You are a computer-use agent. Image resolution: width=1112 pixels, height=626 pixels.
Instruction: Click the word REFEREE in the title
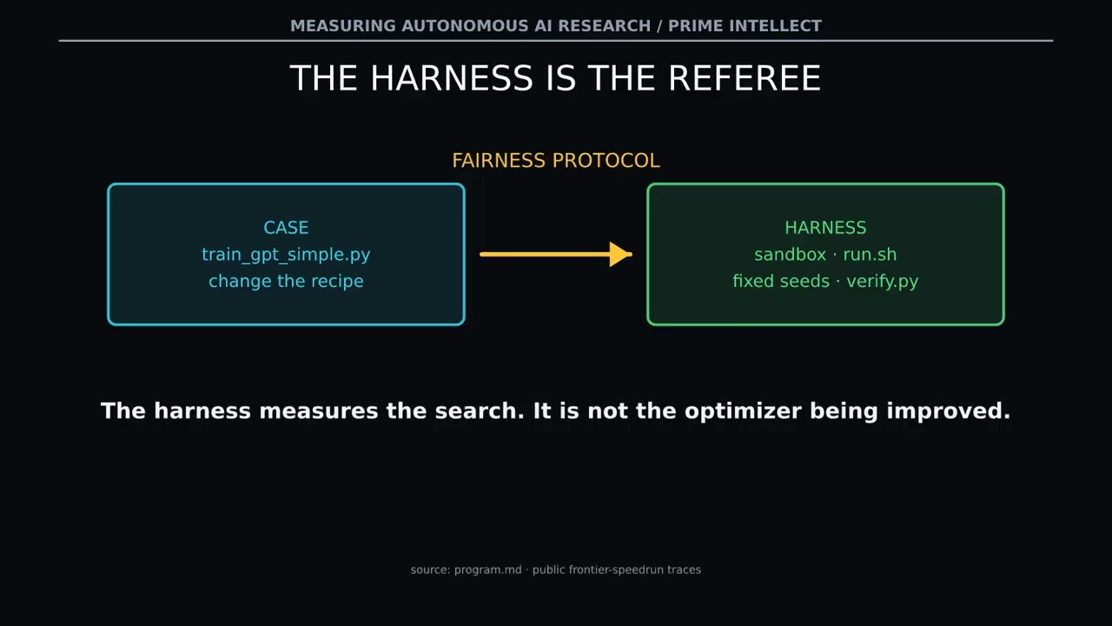point(745,78)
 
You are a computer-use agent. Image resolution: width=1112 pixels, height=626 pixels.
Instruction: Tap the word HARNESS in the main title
point(451,78)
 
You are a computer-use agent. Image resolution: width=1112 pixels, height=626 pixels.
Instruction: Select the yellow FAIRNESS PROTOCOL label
point(556,161)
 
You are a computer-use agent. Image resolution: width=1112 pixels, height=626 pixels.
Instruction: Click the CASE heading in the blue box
point(286,228)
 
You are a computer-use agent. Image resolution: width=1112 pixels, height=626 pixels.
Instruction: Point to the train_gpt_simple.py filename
point(286,255)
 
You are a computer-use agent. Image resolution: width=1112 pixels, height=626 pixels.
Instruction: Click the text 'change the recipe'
point(286,281)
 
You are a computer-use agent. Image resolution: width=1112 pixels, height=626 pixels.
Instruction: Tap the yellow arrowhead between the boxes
point(620,255)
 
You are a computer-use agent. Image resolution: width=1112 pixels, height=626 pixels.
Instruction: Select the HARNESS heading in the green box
point(825,228)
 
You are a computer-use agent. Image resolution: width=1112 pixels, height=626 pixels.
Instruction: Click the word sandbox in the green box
point(791,255)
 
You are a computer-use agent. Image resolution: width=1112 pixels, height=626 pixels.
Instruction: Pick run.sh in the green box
point(870,255)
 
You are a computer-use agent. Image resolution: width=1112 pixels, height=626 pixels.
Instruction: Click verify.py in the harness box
point(883,282)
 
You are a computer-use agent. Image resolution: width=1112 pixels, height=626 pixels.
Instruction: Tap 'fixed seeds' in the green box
point(781,281)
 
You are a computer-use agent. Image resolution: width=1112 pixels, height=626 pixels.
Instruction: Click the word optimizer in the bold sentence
point(743,411)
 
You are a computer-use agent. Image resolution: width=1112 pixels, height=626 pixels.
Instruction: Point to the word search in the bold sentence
point(480,411)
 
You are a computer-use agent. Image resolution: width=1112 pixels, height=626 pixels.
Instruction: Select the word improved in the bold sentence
point(948,411)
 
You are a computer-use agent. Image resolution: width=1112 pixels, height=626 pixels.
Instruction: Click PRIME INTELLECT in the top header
point(745,26)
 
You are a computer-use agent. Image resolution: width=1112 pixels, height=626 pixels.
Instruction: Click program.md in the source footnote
point(488,569)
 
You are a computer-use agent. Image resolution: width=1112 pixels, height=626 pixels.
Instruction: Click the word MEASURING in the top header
point(343,26)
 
